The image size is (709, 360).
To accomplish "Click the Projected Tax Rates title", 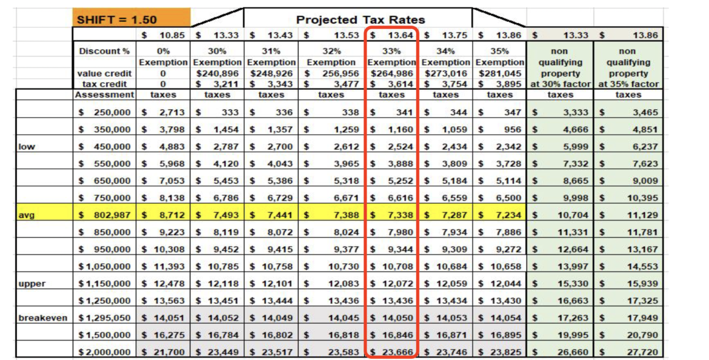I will pyautogui.click(x=360, y=19).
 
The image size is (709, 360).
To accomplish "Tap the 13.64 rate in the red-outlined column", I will pyautogui.click(x=398, y=35).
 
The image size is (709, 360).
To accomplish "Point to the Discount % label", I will pyautogui.click(x=104, y=51).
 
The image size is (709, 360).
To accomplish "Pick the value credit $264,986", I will pyautogui.click(x=391, y=73).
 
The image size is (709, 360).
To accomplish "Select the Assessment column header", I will pyautogui.click(x=104, y=95).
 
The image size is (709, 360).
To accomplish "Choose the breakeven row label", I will pyautogui.click(x=43, y=318).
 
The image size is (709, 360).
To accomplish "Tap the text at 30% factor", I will pyautogui.click(x=560, y=84).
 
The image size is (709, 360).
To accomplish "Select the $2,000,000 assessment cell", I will pyautogui.click(x=104, y=352).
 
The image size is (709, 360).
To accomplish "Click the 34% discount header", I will pyautogui.click(x=445, y=51).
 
